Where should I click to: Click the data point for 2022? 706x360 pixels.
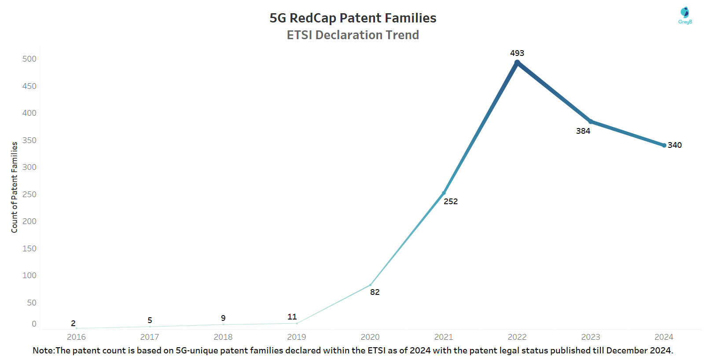point(517,62)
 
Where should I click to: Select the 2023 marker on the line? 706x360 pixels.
point(591,121)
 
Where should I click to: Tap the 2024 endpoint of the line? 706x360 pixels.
point(664,145)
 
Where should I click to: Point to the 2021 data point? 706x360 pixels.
point(444,193)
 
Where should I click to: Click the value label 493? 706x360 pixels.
point(517,53)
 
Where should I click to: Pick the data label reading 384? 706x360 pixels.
point(583,131)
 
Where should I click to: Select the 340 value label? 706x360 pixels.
point(674,145)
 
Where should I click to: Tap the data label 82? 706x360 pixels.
point(375,292)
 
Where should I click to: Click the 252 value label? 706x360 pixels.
point(451,202)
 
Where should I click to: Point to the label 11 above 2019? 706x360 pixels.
point(292,316)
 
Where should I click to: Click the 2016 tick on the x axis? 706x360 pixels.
point(76,337)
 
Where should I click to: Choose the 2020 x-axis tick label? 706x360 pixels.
point(370,337)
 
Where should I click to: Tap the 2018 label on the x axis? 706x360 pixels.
point(223,337)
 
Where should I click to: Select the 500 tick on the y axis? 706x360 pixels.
point(29,59)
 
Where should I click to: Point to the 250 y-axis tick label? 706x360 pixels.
point(29,194)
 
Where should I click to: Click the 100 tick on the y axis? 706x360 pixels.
point(29,275)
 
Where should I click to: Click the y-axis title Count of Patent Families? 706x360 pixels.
point(14,187)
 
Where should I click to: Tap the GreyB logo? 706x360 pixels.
point(685,15)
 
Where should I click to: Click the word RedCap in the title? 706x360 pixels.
point(313,18)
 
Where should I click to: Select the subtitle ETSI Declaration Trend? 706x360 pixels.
point(353,35)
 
